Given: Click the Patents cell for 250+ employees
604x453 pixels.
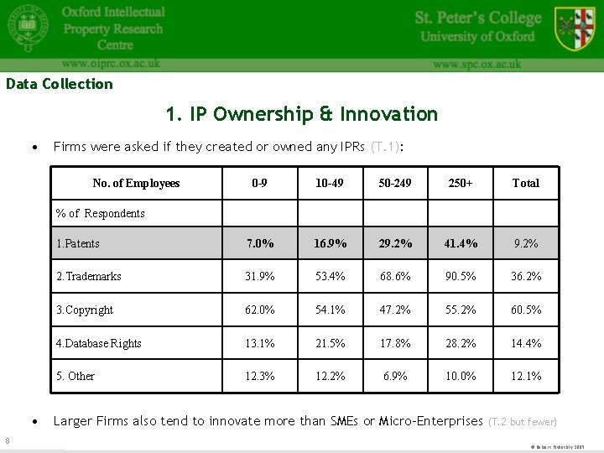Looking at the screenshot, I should pos(461,243).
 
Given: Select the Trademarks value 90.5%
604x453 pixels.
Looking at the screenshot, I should pos(461,276).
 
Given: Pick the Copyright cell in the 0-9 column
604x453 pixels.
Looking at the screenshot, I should pos(259,310).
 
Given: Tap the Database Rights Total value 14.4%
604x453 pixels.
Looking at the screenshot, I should pos(526,343).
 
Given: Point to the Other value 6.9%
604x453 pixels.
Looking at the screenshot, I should pos(395,376).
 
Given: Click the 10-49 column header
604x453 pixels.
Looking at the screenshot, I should pos(330,183).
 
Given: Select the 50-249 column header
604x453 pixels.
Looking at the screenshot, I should pos(395,183).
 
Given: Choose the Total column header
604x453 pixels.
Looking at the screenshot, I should pos(526,183).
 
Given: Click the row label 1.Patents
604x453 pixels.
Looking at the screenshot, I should pos(78,243).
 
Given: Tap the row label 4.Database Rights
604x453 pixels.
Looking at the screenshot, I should pos(99,343).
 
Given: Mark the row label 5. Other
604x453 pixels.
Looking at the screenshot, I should pos(75,376).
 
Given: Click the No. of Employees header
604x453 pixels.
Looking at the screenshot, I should pos(136,183).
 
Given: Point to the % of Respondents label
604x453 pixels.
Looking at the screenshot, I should pos(100,213).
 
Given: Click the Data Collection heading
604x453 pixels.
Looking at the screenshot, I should pos(59,84).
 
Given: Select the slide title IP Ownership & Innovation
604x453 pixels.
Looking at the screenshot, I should pos(302,114).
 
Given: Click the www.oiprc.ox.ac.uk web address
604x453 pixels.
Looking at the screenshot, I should pos(111,63).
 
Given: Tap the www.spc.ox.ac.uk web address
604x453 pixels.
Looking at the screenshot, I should pos(477,64).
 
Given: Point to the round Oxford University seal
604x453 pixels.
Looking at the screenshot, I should pos(28,29).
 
